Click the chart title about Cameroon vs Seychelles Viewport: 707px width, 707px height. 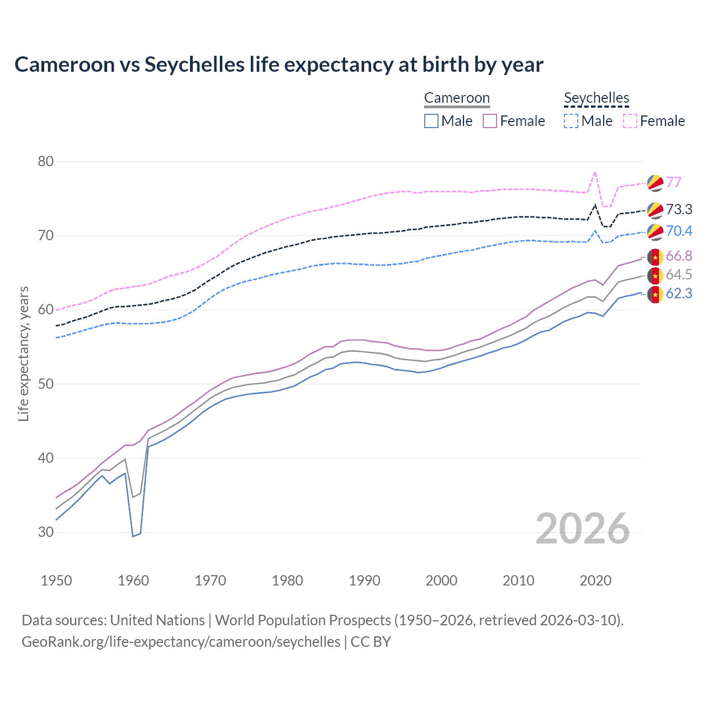point(279,65)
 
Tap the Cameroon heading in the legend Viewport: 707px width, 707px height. point(457,98)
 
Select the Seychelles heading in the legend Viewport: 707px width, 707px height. point(597,98)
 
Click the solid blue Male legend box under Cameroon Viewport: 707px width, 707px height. point(431,121)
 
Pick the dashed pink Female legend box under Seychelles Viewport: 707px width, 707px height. point(630,121)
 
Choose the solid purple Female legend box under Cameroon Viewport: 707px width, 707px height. point(490,121)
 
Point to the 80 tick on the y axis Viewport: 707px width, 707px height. point(46,162)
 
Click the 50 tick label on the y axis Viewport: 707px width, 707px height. point(46,384)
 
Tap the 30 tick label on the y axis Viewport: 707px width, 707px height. point(46,532)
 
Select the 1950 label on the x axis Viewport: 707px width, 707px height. point(56,581)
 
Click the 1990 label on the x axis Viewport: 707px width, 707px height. point(365,581)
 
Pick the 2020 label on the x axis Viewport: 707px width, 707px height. point(595,581)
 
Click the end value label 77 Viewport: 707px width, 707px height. point(673,182)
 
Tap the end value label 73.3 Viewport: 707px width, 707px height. point(679,209)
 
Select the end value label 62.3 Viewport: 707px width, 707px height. point(679,293)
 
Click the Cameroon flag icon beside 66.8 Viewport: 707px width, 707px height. point(655,257)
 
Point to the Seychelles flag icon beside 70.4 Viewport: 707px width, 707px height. point(655,232)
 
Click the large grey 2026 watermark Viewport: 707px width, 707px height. point(583,529)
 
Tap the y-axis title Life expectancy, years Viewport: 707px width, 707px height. point(23,353)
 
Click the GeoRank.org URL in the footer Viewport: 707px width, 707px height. point(181,642)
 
